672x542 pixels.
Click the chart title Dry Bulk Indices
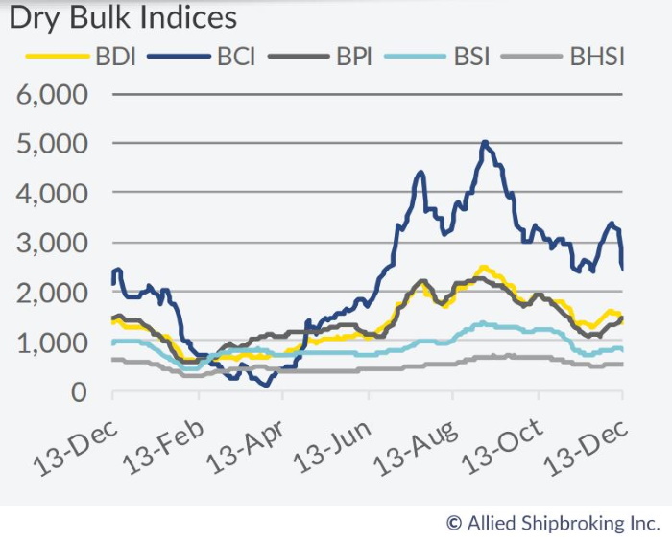[x=123, y=18]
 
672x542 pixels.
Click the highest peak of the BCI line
[x=485, y=143]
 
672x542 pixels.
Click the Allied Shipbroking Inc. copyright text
[x=552, y=523]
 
